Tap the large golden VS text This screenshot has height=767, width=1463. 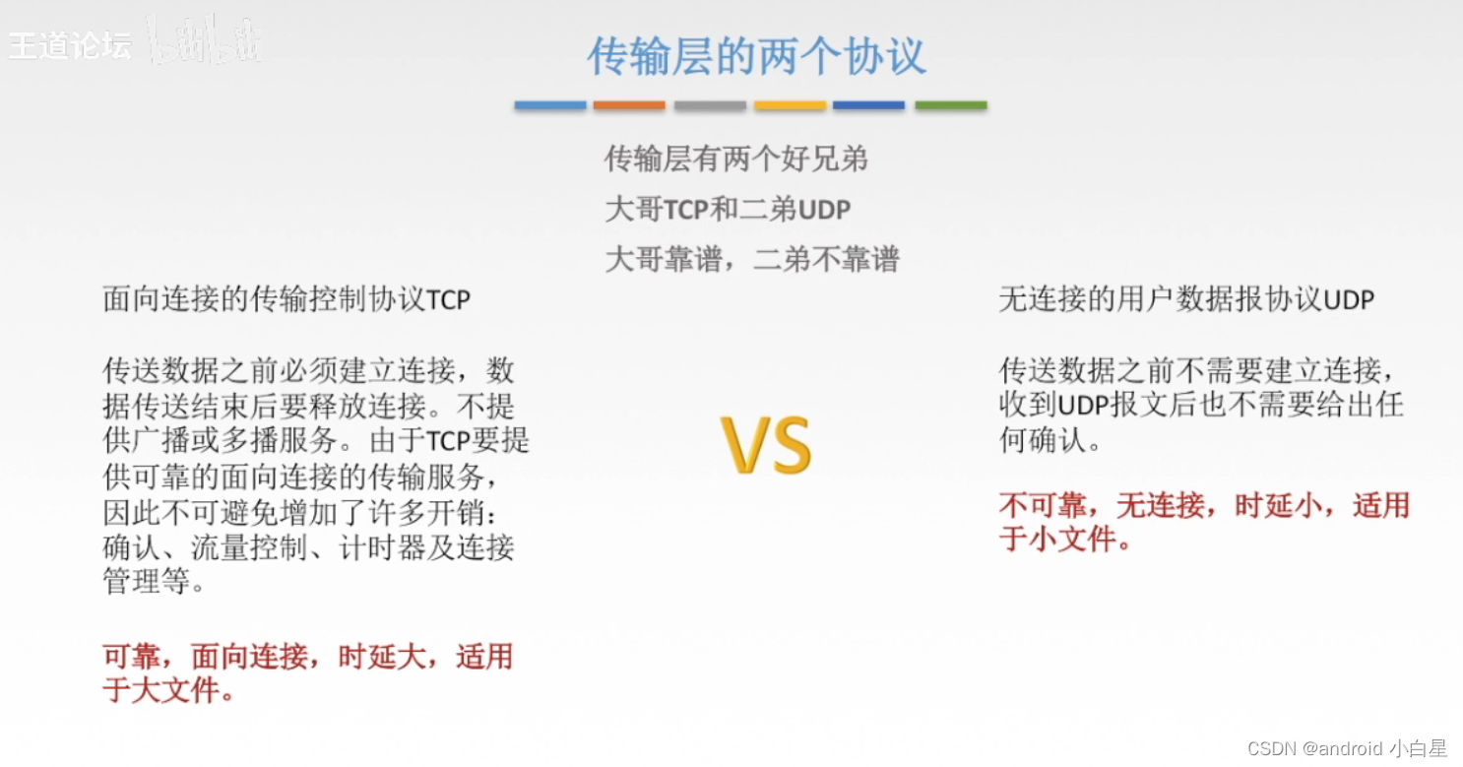tap(766, 446)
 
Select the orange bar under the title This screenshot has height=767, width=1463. tap(629, 105)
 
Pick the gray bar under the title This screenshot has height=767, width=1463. tap(710, 105)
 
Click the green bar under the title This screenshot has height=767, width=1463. tap(950, 105)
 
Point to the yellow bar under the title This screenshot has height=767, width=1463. tap(790, 105)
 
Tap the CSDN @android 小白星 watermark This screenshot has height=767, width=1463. tap(1347, 748)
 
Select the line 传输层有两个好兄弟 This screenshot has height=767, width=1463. tap(735, 159)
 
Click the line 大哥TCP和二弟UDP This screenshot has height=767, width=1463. tap(728, 209)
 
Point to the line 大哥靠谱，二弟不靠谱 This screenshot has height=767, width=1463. tap(751, 259)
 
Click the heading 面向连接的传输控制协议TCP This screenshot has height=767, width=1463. tap(286, 299)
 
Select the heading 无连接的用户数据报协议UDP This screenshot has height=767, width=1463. tap(1186, 299)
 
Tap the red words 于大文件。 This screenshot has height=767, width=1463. tap(168, 690)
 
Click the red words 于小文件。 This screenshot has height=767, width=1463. tap(1064, 540)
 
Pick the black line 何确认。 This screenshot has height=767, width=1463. tap(1050, 440)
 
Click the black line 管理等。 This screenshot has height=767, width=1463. tap(155, 582)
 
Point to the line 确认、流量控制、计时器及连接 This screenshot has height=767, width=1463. tap(308, 547)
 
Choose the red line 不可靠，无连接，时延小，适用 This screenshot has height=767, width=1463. tap(1204, 506)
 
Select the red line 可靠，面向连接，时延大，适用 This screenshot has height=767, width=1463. tap(308, 657)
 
